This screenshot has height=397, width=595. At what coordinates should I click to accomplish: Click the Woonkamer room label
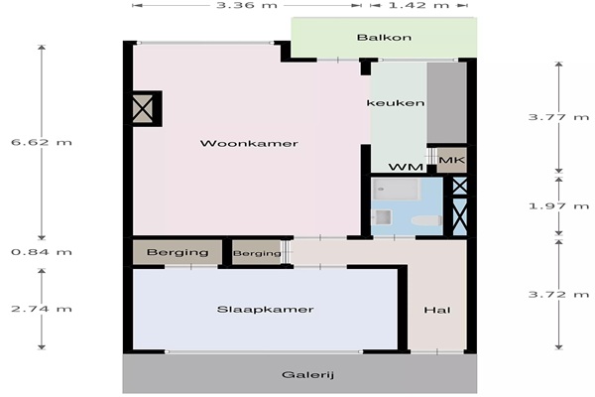tap(249, 143)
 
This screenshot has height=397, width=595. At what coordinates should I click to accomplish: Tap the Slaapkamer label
tap(265, 310)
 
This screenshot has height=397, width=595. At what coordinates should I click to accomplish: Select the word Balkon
tap(384, 38)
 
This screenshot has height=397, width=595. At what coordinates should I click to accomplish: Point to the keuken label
tap(396, 103)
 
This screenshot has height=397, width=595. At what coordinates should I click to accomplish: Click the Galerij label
tap(307, 375)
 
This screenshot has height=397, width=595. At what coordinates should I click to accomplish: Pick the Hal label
tap(437, 310)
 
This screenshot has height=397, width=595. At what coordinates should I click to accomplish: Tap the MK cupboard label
tap(451, 160)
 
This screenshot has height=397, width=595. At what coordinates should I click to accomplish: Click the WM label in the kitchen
tap(406, 167)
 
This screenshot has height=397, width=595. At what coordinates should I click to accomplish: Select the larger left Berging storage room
tap(178, 252)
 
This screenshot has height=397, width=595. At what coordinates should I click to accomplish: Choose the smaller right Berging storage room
tap(257, 252)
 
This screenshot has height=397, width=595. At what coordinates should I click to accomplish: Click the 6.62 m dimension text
tap(42, 142)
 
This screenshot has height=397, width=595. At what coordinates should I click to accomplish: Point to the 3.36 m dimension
tap(247, 5)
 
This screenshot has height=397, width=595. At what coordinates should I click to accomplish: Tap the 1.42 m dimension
tap(418, 5)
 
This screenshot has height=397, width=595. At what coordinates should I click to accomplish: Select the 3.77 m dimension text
tap(558, 117)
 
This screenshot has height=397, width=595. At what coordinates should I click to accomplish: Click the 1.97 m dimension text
tap(558, 205)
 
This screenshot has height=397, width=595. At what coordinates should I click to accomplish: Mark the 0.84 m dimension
tap(42, 252)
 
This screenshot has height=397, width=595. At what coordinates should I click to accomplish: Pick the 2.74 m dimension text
tap(42, 309)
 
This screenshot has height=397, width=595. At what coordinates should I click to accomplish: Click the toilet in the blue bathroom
tap(426, 220)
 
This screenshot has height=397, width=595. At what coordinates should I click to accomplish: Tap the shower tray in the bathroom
tap(396, 190)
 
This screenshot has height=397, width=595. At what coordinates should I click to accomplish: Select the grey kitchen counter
tap(447, 102)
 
